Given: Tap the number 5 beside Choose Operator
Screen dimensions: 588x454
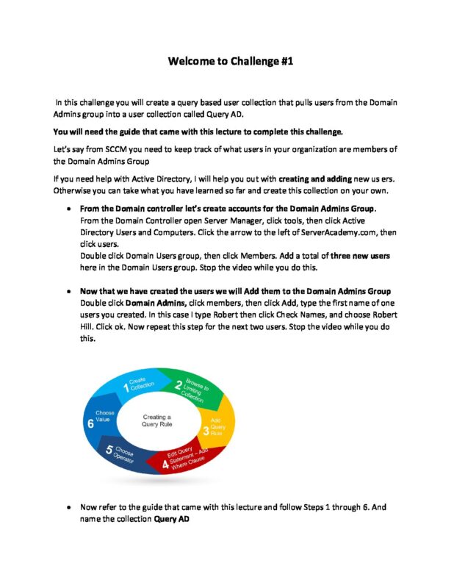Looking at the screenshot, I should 108,451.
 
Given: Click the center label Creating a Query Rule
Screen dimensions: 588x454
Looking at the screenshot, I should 156,421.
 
